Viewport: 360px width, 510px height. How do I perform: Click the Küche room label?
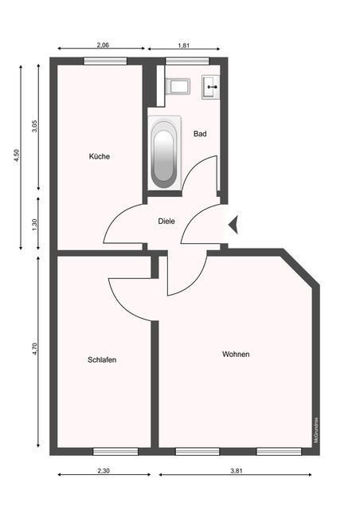tap(100, 156)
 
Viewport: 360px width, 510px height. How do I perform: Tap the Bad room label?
tap(200, 133)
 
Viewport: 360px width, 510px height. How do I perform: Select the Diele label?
tap(166, 222)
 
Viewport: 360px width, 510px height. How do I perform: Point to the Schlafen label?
tap(102, 359)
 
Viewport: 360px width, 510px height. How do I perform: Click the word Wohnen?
tap(236, 354)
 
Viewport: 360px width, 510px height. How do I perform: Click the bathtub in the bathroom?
tap(165, 153)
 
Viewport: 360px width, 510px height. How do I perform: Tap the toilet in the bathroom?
tap(178, 86)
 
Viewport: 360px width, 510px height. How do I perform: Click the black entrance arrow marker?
tap(233, 225)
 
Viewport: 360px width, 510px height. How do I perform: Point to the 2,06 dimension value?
tap(103, 45)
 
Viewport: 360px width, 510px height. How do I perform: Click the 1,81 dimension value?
tap(183, 45)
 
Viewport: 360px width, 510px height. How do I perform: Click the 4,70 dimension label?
tap(35, 349)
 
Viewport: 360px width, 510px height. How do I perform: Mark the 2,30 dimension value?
tap(104, 471)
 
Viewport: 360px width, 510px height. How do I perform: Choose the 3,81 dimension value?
tap(237, 471)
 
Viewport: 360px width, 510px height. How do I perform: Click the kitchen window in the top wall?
tap(105, 61)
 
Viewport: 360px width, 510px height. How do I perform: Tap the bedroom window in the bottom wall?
tap(115, 451)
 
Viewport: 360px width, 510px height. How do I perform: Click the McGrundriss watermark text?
tap(315, 430)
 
